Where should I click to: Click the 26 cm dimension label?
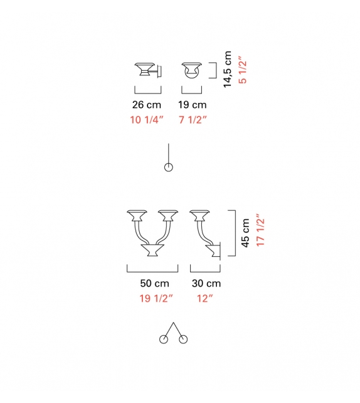click(x=147, y=105)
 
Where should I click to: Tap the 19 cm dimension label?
click(x=193, y=105)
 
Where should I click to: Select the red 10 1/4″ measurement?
click(x=147, y=120)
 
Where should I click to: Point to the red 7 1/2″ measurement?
click(x=193, y=120)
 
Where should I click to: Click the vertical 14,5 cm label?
click(x=228, y=70)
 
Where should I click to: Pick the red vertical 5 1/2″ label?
click(x=242, y=70)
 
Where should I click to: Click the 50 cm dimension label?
click(x=154, y=284)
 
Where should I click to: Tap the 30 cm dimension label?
click(x=206, y=284)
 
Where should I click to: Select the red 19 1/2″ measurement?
click(x=156, y=298)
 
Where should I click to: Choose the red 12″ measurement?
click(x=205, y=298)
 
